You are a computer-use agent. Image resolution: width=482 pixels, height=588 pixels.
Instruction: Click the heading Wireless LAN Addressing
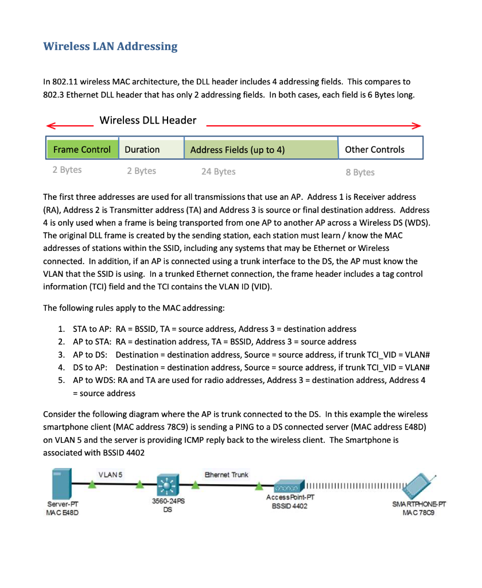pos(110,47)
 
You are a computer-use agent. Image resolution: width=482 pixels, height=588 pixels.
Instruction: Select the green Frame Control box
pos(82,149)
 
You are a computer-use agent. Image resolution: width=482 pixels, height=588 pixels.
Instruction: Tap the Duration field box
pos(150,149)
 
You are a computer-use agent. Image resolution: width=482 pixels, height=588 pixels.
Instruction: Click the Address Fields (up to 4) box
pos(261,149)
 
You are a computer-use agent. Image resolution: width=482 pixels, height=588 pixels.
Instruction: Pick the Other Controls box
pos(380,149)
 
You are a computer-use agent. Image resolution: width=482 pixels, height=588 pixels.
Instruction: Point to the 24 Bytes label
pos(218,172)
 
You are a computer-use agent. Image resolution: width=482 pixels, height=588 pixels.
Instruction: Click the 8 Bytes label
pos(360,172)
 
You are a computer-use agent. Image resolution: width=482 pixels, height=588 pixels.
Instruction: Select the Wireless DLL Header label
pos(147,120)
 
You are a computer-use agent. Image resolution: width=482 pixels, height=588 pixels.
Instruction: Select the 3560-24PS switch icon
pos(168,486)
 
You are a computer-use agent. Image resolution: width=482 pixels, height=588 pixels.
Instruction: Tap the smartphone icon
pos(422,488)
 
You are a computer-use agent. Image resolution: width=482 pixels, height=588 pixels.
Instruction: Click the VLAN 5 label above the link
pos(110,474)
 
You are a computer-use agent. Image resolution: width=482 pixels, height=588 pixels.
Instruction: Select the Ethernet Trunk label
pos(227,474)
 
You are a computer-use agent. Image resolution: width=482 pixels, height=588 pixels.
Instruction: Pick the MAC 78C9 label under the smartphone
pos(419,512)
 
